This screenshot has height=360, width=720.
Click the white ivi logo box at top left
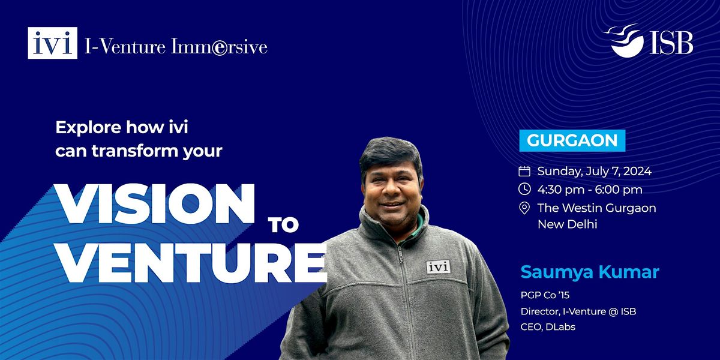pos(53,43)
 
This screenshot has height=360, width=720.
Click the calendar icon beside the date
pos(524,171)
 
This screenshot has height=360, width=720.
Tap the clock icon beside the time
pos(524,190)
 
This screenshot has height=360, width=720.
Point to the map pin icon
pos(524,208)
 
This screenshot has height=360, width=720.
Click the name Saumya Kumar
pos(590,271)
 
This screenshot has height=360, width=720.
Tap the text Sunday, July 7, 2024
pos(594,171)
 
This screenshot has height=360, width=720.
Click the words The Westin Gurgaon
pos(596,208)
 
